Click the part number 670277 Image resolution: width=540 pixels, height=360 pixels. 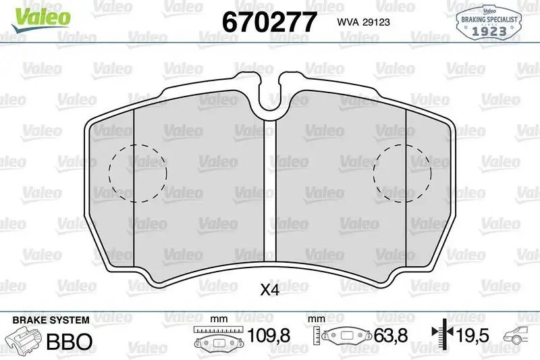tap(269, 22)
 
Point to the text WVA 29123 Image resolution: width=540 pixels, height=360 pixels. tap(363, 22)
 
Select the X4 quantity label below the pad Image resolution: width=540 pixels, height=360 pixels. tap(269, 290)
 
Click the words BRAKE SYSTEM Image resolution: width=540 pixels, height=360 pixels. tap(51, 320)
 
